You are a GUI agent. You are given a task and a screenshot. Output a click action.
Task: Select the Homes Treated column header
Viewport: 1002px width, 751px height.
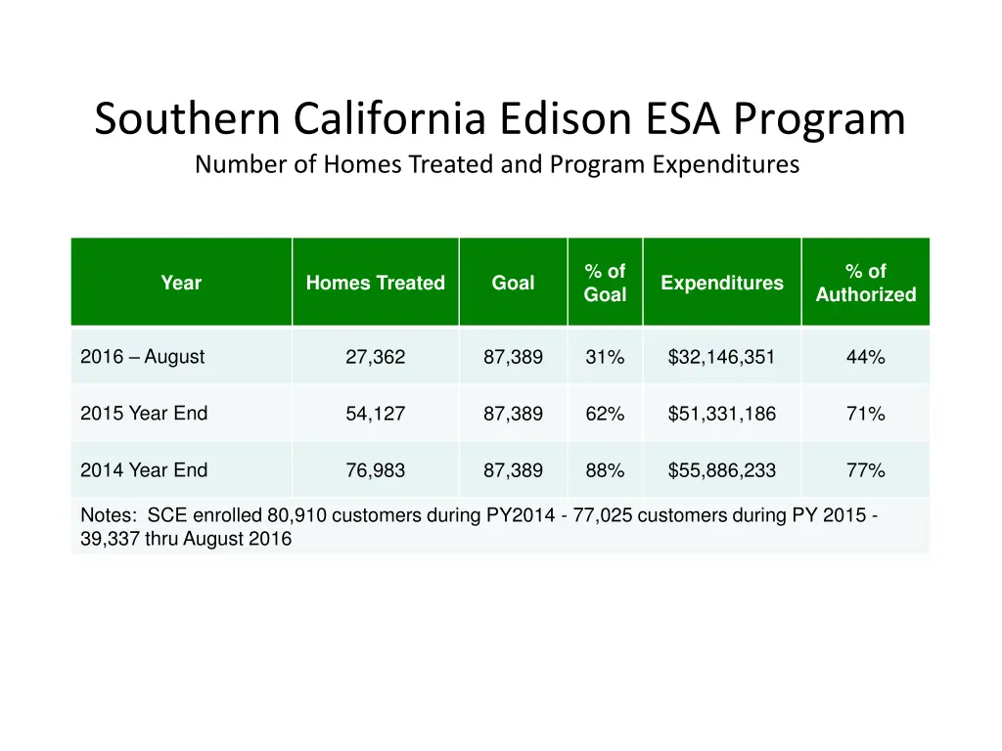tap(375, 283)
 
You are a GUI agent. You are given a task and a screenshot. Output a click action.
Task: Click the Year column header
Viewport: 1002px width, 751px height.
tap(181, 283)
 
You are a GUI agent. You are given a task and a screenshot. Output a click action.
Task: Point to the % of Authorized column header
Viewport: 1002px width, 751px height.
tap(865, 283)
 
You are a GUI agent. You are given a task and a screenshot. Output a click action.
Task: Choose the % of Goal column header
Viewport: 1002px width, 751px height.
tap(605, 283)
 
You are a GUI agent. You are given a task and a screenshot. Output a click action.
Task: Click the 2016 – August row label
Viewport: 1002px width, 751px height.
tap(143, 357)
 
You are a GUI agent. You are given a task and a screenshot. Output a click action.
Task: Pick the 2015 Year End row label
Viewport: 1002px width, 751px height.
tap(144, 414)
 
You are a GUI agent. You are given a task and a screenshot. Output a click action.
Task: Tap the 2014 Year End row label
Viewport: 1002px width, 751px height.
tap(144, 470)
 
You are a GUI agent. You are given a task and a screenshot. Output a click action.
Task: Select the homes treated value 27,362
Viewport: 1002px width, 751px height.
tap(375, 358)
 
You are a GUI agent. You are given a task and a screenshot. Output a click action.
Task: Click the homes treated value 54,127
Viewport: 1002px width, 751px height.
tap(375, 415)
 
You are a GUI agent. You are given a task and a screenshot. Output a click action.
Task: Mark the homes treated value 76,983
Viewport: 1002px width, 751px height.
tap(375, 471)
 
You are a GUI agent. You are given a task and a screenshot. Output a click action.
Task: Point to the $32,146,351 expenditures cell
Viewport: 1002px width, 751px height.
tap(721, 358)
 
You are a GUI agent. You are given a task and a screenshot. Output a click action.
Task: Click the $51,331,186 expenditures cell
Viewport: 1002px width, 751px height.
tap(721, 415)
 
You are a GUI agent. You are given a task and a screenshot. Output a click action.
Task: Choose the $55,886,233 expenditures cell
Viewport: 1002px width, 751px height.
tap(721, 471)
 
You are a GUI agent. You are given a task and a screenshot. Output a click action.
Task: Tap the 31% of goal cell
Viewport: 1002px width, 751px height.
tap(605, 358)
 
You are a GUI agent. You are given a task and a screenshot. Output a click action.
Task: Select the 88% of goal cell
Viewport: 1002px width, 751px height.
tap(605, 471)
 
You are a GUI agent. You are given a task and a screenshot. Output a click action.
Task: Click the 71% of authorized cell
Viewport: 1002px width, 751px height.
tap(865, 415)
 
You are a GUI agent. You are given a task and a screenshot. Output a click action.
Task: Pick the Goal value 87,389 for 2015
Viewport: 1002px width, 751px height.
tap(513, 415)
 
